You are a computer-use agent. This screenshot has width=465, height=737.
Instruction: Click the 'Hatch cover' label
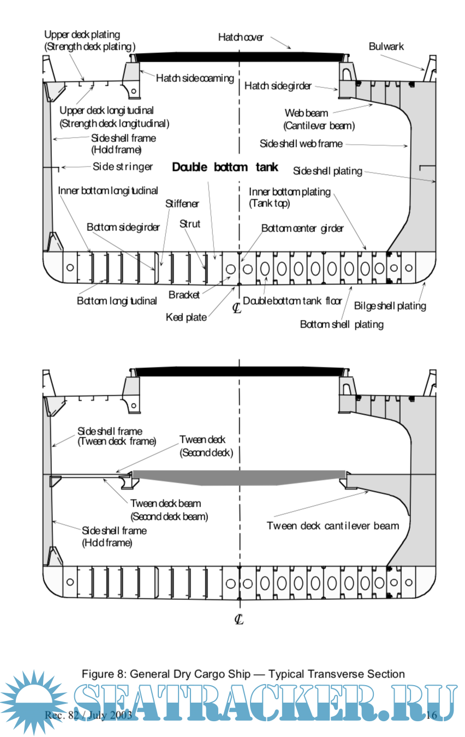(x=241, y=38)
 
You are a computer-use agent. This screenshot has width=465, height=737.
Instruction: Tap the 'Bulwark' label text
(x=386, y=46)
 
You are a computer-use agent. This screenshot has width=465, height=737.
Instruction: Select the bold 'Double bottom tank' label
(x=225, y=167)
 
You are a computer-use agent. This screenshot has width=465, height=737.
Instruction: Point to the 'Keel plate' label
(x=186, y=317)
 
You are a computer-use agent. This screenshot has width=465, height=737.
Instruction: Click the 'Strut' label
(x=190, y=224)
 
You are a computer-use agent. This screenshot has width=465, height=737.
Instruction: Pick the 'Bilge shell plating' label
(x=390, y=306)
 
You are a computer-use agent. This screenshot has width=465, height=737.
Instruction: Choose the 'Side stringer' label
(x=123, y=167)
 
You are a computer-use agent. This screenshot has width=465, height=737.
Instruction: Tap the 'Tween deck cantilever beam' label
(x=333, y=526)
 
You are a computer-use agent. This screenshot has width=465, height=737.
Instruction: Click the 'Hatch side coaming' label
(x=195, y=78)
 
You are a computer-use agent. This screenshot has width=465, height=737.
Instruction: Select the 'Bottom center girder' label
(x=302, y=228)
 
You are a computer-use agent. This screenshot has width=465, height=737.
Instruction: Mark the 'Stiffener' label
(x=182, y=204)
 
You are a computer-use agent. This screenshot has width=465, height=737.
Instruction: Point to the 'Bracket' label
(x=184, y=295)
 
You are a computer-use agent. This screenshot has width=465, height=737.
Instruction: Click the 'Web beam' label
(x=306, y=113)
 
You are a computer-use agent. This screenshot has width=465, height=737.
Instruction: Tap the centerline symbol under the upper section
(x=237, y=308)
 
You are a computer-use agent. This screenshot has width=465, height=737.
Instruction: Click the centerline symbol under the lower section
(x=239, y=619)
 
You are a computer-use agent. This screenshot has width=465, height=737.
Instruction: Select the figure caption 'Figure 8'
(x=243, y=674)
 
